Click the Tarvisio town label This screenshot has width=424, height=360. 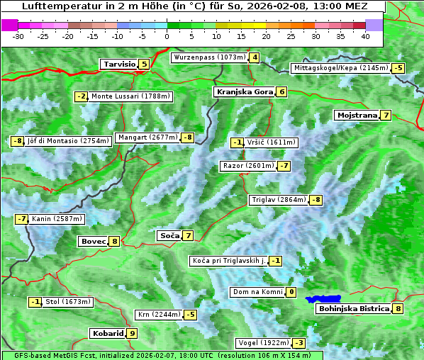click(x=118, y=64)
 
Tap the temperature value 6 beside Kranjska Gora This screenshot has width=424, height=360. click(x=281, y=91)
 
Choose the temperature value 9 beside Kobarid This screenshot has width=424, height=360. click(x=132, y=333)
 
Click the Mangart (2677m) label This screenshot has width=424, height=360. click(x=147, y=137)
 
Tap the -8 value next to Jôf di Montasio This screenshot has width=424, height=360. click(x=17, y=141)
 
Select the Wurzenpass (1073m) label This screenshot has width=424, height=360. click(x=208, y=57)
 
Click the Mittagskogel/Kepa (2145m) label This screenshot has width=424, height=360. click(x=341, y=68)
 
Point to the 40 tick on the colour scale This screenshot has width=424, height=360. click(x=365, y=36)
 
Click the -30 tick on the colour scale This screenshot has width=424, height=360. click(x=18, y=36)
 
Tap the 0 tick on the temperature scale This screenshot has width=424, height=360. click(x=167, y=36)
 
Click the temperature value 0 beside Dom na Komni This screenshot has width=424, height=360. click(x=291, y=292)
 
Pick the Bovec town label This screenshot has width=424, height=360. click(x=93, y=241)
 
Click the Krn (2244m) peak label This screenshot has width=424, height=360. click(x=158, y=315)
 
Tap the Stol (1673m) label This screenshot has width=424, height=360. click(x=68, y=302)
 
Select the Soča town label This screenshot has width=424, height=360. click(x=169, y=235)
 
